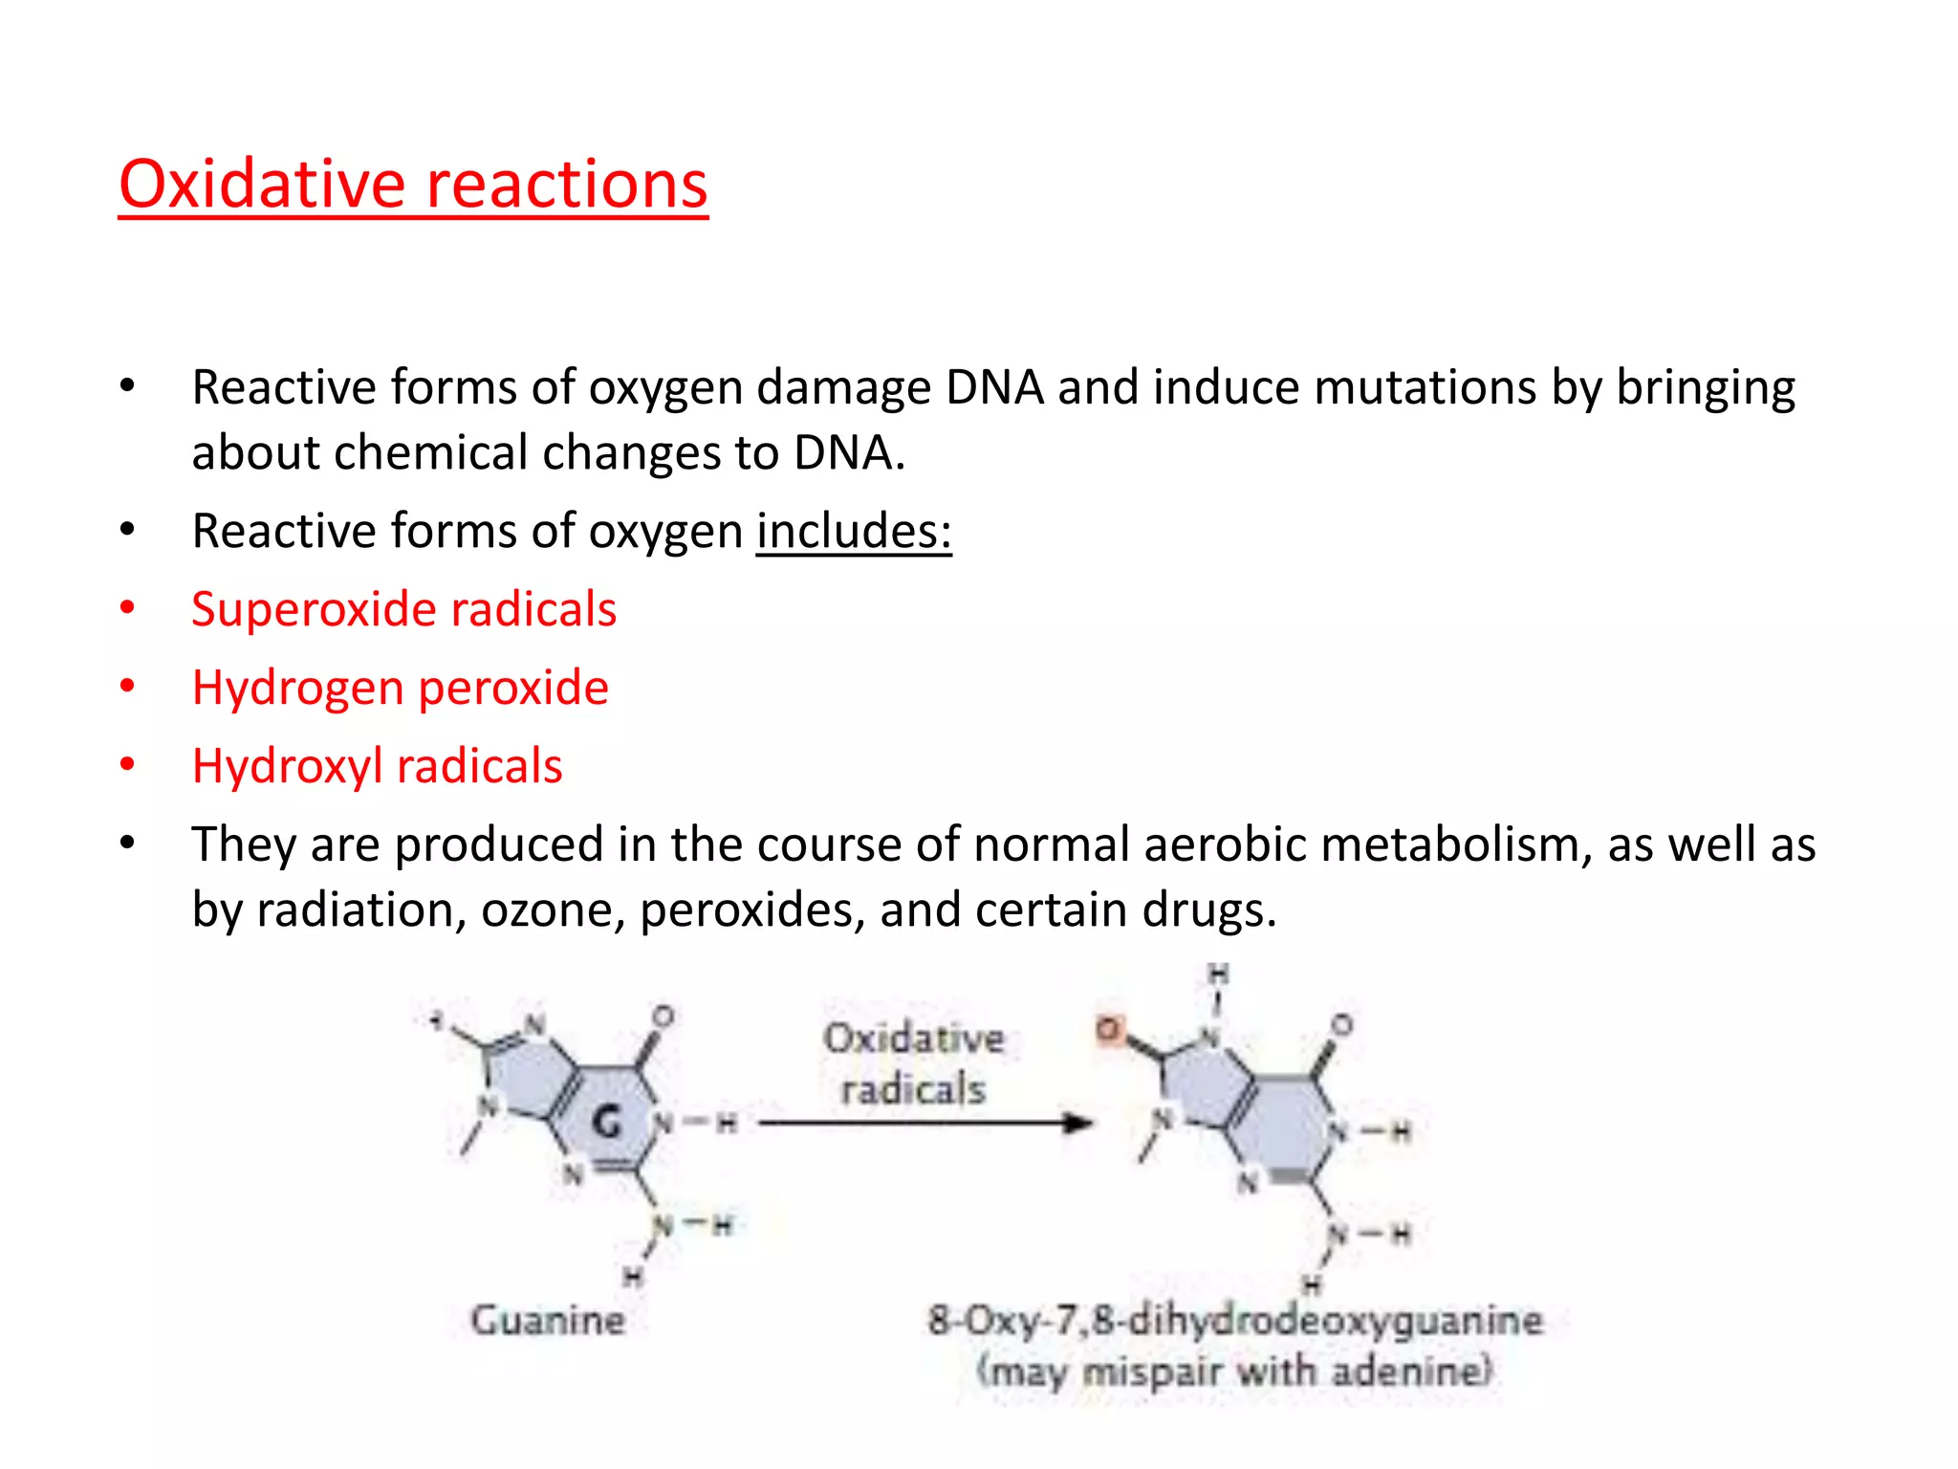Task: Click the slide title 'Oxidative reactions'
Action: (413, 184)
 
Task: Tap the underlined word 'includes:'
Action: (854, 532)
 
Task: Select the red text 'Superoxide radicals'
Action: (403, 610)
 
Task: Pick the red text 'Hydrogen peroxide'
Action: (400, 689)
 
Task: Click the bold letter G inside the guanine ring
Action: (607, 1121)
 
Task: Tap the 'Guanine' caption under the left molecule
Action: (548, 1321)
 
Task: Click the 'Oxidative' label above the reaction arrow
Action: (914, 1039)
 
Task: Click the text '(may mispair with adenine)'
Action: (1234, 1371)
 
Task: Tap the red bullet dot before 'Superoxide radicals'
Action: (127, 608)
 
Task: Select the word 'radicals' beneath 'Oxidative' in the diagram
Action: (913, 1089)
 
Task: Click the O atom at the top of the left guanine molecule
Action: (663, 1016)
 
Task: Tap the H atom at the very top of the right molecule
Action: (1218, 975)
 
